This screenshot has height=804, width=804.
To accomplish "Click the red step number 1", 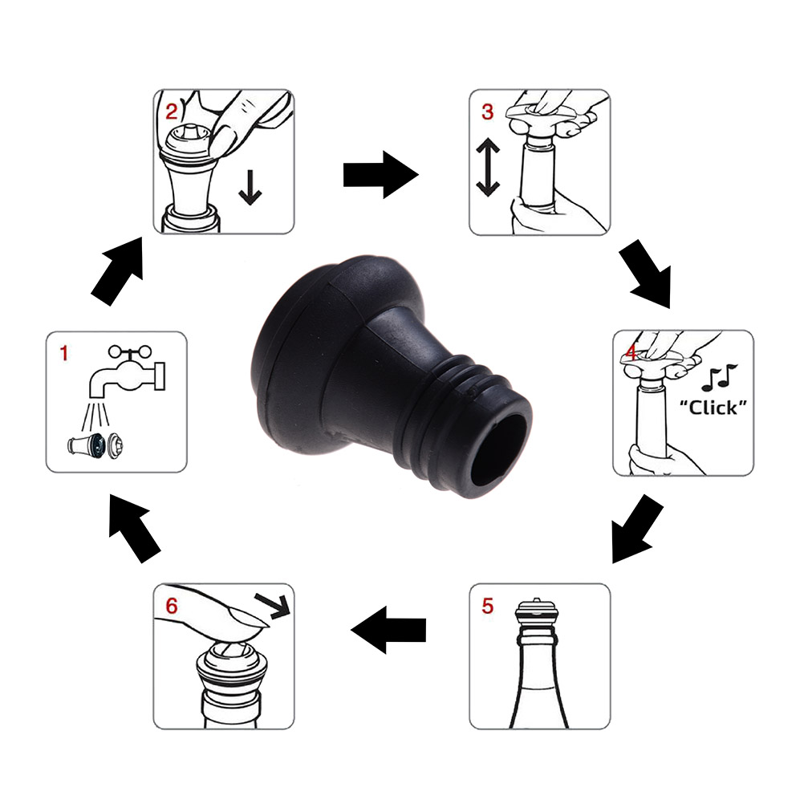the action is pyautogui.click(x=64, y=353).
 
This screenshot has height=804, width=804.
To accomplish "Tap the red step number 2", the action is pyautogui.click(x=171, y=112).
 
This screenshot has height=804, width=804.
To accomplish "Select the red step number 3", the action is pyautogui.click(x=487, y=112).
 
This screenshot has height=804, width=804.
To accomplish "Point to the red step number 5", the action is pyautogui.click(x=487, y=606).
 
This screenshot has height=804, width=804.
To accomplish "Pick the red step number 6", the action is pyautogui.click(x=171, y=606).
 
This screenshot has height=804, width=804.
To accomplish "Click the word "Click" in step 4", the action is pyautogui.click(x=713, y=408).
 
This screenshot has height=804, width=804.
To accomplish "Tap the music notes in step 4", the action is pyautogui.click(x=720, y=377).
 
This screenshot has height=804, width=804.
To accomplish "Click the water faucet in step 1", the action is pyautogui.click(x=127, y=372).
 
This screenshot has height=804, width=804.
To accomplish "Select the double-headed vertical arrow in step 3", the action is pyautogui.click(x=488, y=167).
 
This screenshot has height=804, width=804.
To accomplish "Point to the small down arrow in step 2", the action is pyautogui.click(x=250, y=188).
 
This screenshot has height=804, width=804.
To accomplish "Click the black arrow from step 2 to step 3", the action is pyautogui.click(x=380, y=175).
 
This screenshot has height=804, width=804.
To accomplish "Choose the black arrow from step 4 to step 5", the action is pyautogui.click(x=635, y=529).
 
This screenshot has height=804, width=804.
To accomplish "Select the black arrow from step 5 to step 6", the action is pyautogui.click(x=388, y=630).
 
